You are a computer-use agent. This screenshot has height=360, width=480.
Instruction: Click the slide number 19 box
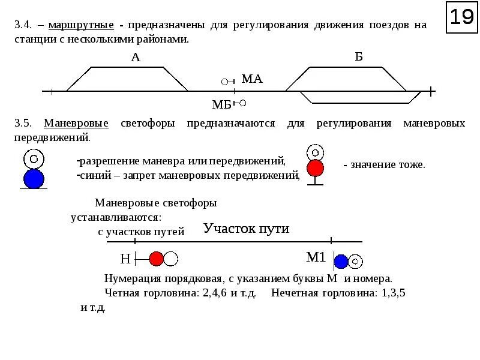[461, 17]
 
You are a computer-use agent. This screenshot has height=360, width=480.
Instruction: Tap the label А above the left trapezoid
[135, 58]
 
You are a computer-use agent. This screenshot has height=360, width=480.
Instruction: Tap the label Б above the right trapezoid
[359, 57]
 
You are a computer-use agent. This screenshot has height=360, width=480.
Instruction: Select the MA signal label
[252, 79]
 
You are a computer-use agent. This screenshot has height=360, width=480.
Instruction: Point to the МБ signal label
[221, 104]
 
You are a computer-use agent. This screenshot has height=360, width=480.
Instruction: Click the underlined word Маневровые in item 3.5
[76, 123]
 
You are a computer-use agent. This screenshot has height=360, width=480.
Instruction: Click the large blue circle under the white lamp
[34, 178]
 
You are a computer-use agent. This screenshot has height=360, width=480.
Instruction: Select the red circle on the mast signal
[315, 168]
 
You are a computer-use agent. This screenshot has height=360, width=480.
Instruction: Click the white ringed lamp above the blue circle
[34, 158]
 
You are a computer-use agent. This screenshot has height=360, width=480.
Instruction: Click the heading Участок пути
[246, 229]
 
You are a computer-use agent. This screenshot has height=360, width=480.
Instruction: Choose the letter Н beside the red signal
[125, 259]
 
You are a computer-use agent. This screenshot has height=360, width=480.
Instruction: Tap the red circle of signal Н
[156, 259]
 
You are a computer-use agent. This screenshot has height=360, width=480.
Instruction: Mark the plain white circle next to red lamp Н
[171, 259]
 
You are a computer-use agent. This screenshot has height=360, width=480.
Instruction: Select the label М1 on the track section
[316, 257]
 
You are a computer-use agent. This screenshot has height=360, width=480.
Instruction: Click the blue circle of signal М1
[341, 261]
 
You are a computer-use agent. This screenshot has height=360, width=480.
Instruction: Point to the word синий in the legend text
[95, 175]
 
